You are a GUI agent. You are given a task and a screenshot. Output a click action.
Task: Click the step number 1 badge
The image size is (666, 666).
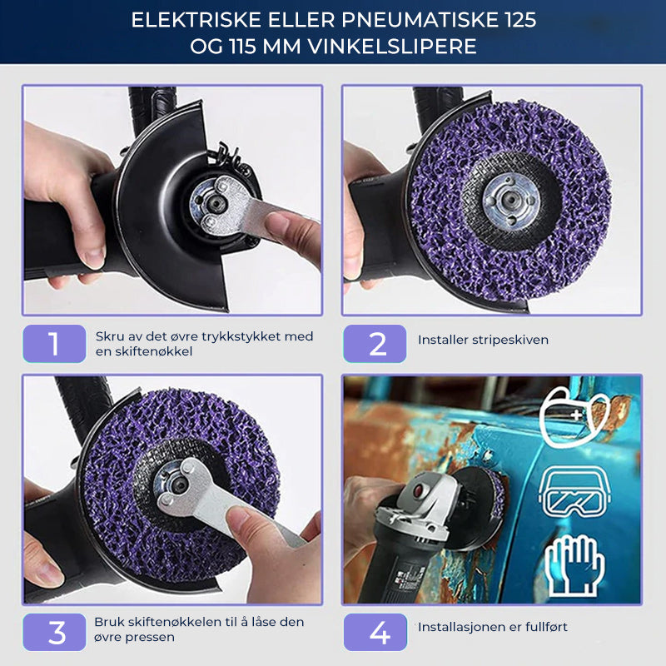coord(54,343)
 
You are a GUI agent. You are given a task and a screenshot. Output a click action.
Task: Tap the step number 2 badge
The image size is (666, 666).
coord(375,343)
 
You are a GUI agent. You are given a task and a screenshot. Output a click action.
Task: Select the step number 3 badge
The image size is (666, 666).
coord(54,632)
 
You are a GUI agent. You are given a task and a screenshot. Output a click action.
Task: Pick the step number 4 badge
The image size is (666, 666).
coord(375,632)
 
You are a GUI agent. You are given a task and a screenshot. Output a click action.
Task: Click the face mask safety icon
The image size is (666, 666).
coord(576,416)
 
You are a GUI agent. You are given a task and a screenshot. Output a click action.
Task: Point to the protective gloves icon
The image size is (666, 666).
coord(574,565)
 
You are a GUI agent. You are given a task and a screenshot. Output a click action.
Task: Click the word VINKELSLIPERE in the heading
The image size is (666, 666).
coord(392,47)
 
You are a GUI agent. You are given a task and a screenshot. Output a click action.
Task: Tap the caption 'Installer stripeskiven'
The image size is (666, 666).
coord(483,340)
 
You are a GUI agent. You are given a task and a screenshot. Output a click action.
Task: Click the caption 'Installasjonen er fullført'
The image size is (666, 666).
coord(493,627)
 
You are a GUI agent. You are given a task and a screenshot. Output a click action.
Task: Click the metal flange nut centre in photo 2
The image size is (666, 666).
coord(511,200)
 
